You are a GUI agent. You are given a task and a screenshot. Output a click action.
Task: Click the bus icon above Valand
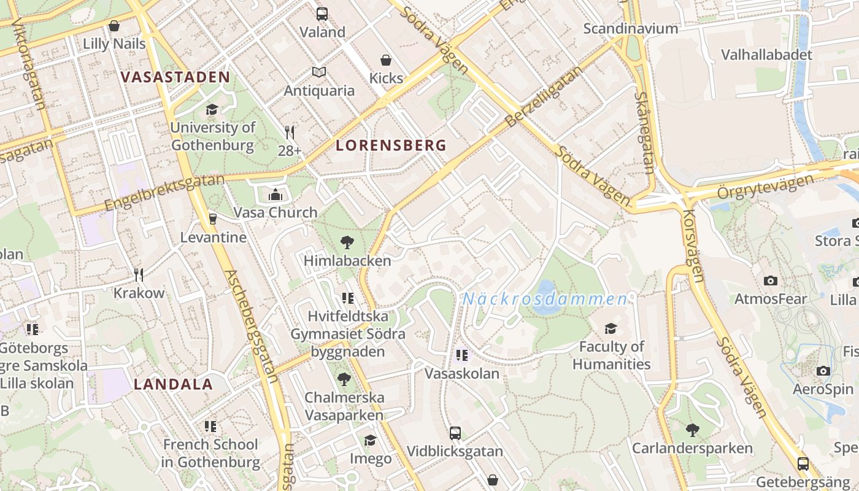click(x=322, y=14)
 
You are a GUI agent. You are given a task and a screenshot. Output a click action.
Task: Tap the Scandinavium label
click(x=631, y=28)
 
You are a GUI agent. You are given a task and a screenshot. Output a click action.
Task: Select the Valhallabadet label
click(x=766, y=55)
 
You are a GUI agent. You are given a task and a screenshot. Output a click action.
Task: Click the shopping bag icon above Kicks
click(x=386, y=60)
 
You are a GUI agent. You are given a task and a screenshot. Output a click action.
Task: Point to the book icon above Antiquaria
click(x=318, y=72)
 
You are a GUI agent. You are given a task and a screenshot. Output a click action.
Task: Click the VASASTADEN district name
click(x=175, y=77)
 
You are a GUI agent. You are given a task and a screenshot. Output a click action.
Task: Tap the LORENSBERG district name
click(x=391, y=145)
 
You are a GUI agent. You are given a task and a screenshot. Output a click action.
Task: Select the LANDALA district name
click(x=173, y=385)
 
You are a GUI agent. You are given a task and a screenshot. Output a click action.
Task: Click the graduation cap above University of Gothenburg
click(x=212, y=109)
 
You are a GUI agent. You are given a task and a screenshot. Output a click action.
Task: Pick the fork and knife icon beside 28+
click(x=290, y=133)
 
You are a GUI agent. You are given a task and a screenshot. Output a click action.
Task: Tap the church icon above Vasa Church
click(x=275, y=195)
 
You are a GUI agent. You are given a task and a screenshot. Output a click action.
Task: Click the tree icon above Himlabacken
click(x=347, y=242)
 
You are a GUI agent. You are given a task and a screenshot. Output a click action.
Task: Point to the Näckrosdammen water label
click(x=545, y=300)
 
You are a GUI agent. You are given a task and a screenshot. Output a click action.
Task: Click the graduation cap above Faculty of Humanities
click(x=611, y=328)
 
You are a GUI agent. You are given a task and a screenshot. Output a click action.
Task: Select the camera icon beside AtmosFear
click(x=771, y=280)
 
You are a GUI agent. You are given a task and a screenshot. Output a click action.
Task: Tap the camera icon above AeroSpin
click(x=823, y=371)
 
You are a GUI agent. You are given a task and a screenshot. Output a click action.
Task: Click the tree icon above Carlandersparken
click(x=692, y=430)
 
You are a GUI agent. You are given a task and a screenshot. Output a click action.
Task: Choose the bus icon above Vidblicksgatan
click(x=455, y=433)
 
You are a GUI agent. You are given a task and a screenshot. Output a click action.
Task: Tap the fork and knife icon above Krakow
click(x=139, y=274)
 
